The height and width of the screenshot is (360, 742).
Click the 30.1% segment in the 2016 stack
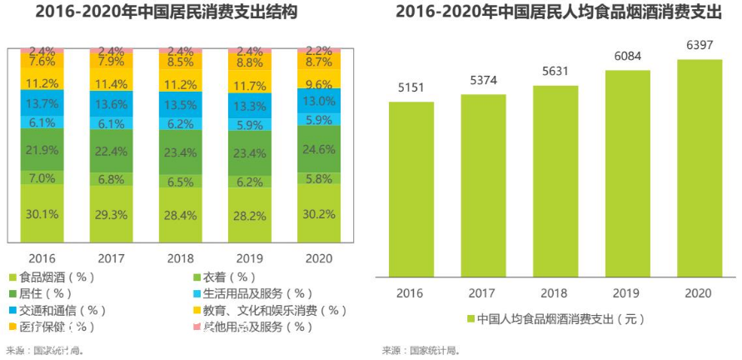click(42, 213)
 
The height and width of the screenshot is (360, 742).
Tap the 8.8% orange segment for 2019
click(249, 62)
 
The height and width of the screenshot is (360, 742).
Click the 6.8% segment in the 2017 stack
click(111, 179)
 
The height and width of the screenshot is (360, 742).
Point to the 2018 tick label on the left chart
click(180, 258)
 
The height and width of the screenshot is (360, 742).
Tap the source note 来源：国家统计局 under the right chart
click(422, 350)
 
